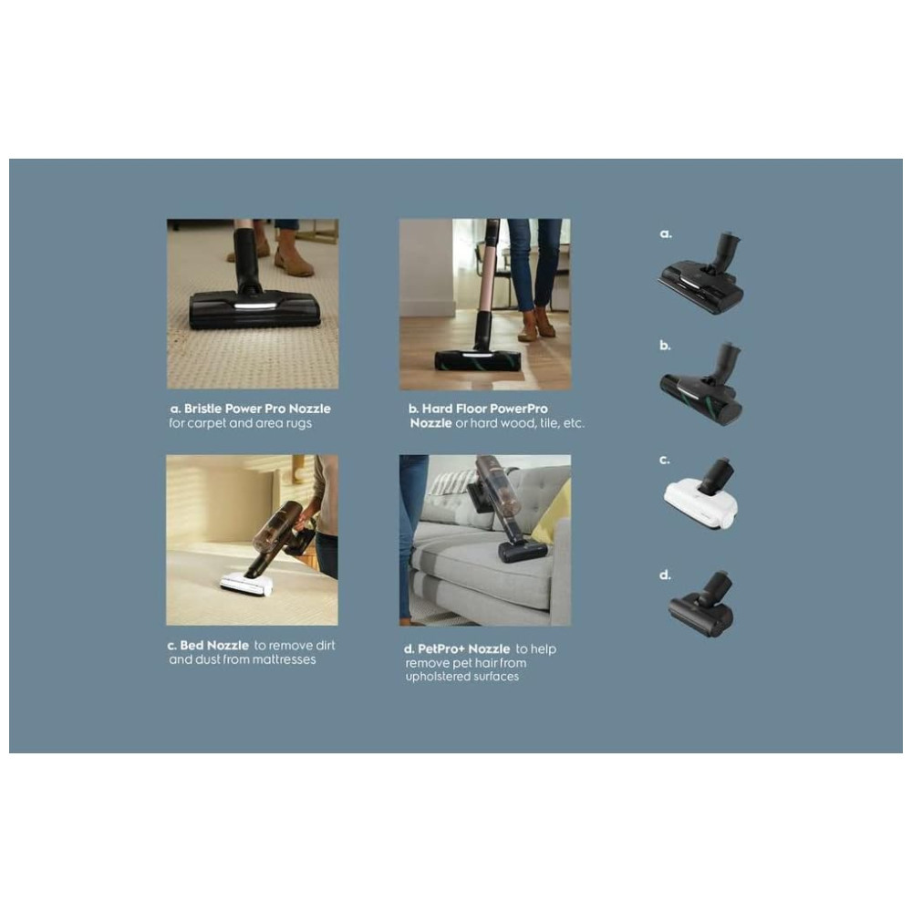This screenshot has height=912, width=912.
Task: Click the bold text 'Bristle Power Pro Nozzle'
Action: (257, 409)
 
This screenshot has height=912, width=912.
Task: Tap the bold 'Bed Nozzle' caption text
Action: (214, 646)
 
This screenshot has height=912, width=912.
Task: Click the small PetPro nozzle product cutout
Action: (702, 606)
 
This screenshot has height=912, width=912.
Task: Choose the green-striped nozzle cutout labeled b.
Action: (702, 389)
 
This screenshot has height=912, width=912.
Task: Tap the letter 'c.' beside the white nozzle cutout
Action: (665, 461)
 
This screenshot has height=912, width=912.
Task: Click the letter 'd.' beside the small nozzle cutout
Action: (665, 575)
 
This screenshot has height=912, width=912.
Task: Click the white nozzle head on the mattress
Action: (247, 583)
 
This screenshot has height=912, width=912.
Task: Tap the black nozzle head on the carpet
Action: (254, 308)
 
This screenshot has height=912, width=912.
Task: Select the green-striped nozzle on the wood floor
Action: (478, 359)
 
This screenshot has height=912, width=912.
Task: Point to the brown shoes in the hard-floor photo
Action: (536, 324)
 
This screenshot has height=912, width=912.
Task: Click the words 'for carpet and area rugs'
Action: (240, 424)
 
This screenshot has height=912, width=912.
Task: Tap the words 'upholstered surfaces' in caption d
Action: (461, 677)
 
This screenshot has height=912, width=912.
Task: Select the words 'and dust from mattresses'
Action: (243, 659)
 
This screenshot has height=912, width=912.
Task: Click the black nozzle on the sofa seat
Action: (522, 549)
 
